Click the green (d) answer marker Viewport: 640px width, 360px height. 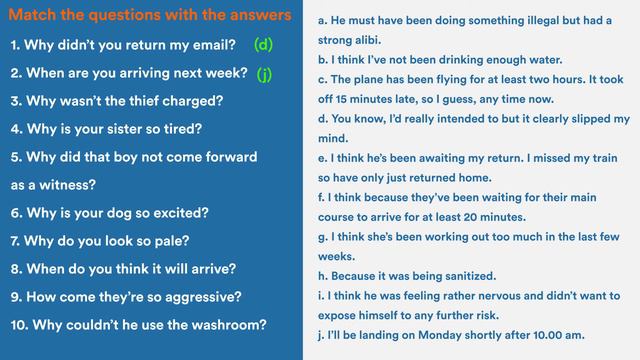click(x=264, y=45)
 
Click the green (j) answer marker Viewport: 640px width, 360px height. click(x=264, y=74)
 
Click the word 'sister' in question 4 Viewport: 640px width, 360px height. click(x=134, y=129)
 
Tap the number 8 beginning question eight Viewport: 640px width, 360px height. click(x=15, y=269)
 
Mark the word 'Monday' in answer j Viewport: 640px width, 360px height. click(x=447, y=334)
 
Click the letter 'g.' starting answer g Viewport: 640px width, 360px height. click(x=323, y=237)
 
